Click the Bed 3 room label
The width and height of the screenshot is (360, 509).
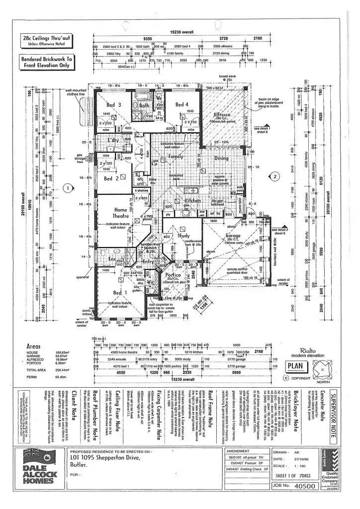[113, 105]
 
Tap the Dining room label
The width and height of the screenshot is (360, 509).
[221, 159]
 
